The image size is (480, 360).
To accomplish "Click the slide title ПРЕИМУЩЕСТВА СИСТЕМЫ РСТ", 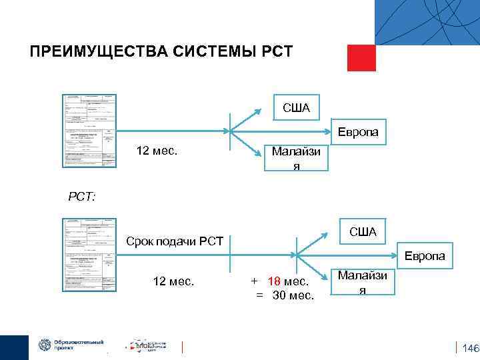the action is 161,52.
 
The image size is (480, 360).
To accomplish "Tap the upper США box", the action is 296,107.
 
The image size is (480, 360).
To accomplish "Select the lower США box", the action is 363,231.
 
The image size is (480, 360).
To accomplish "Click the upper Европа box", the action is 357,132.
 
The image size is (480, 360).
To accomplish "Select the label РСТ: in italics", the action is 82,197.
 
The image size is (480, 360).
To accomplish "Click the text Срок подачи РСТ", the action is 174,240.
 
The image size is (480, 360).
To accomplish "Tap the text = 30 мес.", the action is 285,295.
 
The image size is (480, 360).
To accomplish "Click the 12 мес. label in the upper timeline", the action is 157,151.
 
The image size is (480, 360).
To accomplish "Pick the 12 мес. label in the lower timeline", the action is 173,281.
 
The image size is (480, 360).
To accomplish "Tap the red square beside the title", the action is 361,57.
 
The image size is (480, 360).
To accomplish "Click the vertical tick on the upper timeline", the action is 230,132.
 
